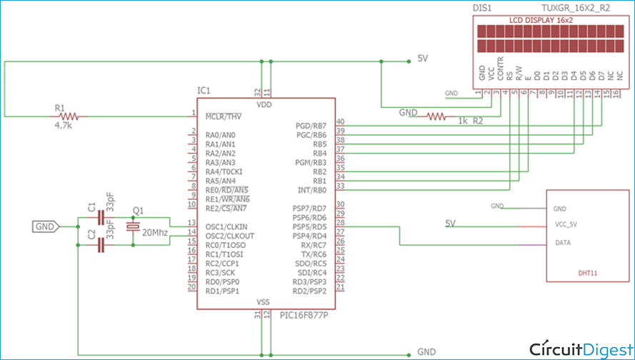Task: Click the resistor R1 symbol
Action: [69, 115]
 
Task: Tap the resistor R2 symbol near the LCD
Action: [436, 115]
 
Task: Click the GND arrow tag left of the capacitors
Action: [45, 226]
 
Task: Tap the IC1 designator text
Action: [204, 91]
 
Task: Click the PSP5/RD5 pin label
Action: [311, 226]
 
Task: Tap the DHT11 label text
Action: [589, 272]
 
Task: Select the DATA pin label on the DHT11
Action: [562, 243]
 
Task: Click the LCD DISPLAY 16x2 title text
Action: [541, 21]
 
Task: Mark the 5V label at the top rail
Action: [422, 59]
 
